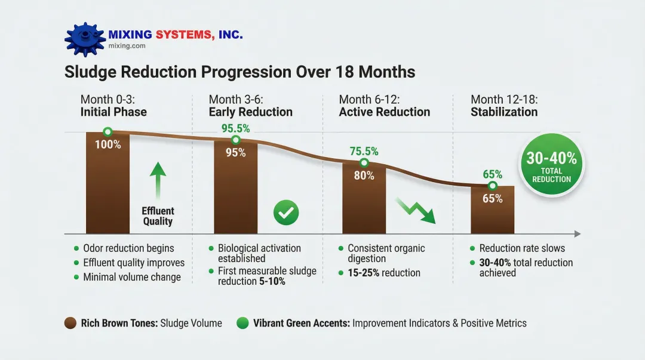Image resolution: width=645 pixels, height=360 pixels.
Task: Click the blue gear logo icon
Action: pos(84,39)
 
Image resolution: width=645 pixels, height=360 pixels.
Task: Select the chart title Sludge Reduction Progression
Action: pos(239,72)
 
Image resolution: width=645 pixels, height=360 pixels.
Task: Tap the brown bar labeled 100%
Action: pos(107,185)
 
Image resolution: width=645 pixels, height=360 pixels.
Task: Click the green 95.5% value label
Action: pos(235,128)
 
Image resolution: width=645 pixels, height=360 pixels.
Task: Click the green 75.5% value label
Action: pos(364,152)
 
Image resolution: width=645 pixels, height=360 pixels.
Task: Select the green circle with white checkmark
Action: pos(286,213)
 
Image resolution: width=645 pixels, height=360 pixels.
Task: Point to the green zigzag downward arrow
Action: pos(416,211)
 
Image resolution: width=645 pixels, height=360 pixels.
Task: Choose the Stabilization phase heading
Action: pos(504,112)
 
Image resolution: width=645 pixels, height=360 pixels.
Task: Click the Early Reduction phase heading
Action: pos(251,112)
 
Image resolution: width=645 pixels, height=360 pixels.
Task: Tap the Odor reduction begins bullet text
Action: pos(128,248)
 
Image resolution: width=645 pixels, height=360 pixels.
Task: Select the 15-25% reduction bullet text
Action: pos(384,273)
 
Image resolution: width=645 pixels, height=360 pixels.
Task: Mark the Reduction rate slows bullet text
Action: pos(521,248)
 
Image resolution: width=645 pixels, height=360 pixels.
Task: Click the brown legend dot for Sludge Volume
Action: pos(69,324)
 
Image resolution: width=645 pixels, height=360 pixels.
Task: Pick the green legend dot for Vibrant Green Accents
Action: pos(242,324)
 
